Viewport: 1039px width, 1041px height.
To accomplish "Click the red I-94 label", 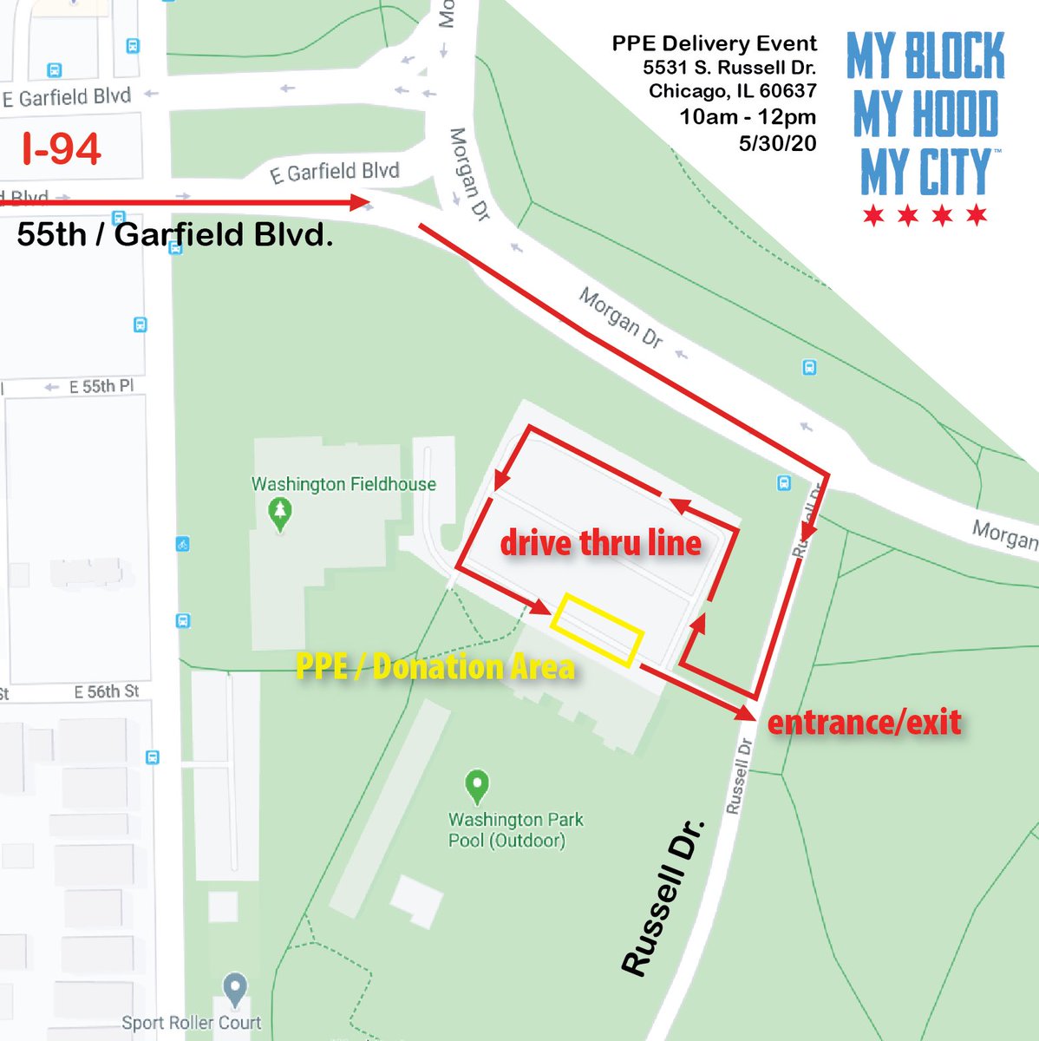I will click(62, 149).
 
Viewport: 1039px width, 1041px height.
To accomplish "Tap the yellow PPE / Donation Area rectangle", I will click(598, 630).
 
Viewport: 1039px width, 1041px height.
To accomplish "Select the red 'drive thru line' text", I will click(601, 543).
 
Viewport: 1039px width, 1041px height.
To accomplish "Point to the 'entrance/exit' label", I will click(865, 722).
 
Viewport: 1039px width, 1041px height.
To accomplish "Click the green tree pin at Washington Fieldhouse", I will click(279, 514).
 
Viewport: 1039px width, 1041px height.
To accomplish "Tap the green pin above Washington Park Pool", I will click(476, 786).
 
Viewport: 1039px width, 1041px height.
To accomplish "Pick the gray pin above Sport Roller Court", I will click(235, 989).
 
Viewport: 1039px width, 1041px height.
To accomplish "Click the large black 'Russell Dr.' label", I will click(663, 897).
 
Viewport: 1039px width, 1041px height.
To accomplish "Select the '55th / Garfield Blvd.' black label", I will click(175, 234).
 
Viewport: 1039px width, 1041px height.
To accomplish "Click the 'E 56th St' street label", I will click(106, 691).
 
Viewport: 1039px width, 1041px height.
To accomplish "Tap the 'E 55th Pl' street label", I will click(101, 386).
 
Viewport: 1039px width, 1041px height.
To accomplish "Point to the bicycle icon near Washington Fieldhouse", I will click(182, 545).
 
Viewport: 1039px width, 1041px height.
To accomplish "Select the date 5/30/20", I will click(777, 143).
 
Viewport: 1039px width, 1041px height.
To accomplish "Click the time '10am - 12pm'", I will click(748, 117).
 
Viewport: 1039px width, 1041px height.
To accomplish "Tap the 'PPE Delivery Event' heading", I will click(714, 43).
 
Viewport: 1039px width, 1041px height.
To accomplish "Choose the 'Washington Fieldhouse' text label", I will click(343, 484).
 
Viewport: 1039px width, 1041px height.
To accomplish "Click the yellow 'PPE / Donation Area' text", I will click(435, 666).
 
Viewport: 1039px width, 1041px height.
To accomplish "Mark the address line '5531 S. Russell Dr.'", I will click(729, 68).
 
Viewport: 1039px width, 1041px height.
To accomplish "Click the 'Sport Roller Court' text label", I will click(191, 1023).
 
